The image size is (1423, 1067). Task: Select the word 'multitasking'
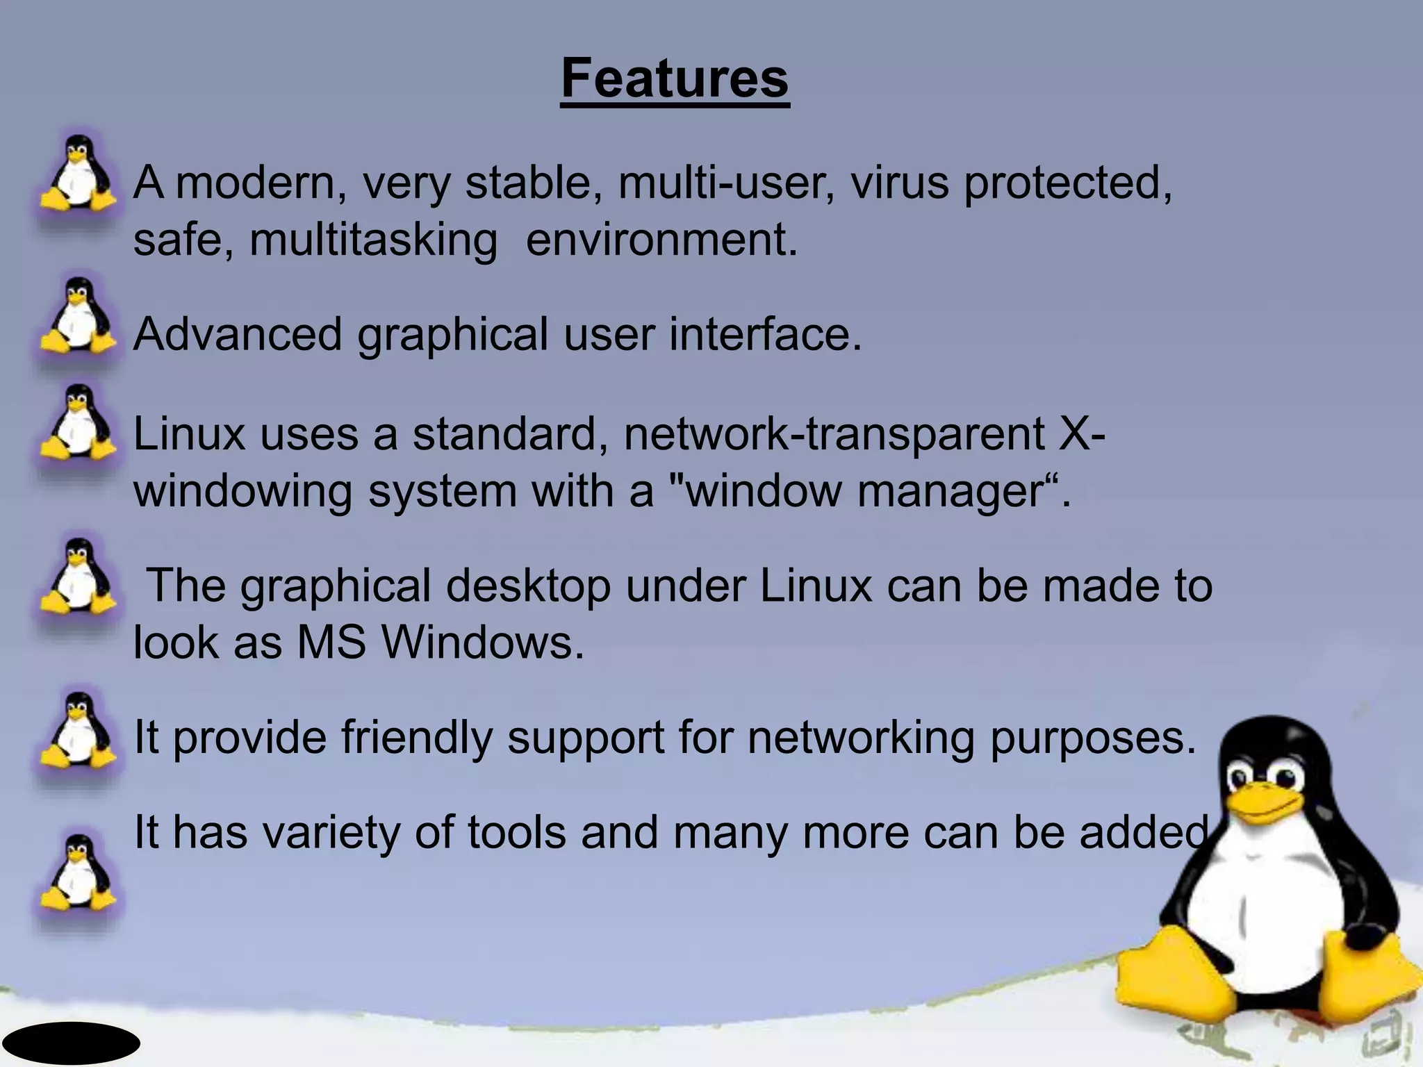373,240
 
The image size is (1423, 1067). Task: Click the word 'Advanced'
238,334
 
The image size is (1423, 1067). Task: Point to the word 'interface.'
765,334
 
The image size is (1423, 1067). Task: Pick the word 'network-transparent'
834,434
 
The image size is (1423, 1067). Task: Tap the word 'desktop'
528,586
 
